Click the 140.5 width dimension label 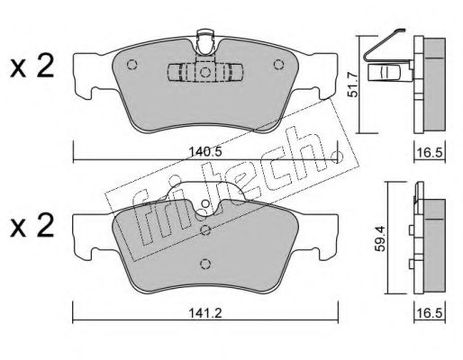click(205, 152)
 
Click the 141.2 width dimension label click(205, 313)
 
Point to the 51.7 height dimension click(353, 85)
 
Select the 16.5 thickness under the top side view click(430, 153)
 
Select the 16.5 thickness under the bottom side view click(430, 313)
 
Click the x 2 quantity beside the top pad click(32, 67)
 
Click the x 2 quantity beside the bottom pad click(32, 226)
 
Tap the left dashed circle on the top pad click(132, 65)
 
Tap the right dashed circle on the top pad click(278, 65)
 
